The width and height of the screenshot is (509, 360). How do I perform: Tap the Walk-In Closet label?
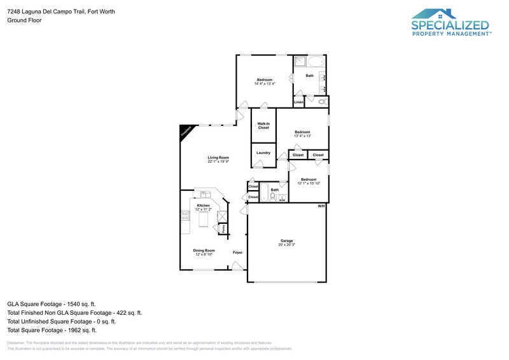click(263, 126)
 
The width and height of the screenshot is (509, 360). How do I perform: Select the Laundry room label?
click(263, 153)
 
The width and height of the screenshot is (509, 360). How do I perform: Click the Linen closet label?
click(298, 102)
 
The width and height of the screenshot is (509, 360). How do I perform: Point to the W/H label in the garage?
click(321, 206)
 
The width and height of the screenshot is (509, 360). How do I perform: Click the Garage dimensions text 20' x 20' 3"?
click(287, 244)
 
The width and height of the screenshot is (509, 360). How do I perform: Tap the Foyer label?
click(237, 253)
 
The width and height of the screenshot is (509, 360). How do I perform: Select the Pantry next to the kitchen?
click(223, 228)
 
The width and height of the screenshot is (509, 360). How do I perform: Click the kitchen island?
click(204, 220)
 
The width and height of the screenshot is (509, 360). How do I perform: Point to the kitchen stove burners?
click(185, 216)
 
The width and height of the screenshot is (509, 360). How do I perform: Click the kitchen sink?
click(205, 194)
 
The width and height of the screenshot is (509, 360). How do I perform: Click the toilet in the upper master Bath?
click(322, 101)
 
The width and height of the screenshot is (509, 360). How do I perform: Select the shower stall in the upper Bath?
click(299, 62)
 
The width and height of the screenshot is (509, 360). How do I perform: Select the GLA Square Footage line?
click(51, 304)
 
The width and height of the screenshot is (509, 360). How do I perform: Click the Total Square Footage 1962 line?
click(52, 330)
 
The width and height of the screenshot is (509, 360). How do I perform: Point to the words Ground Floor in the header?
click(25, 20)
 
